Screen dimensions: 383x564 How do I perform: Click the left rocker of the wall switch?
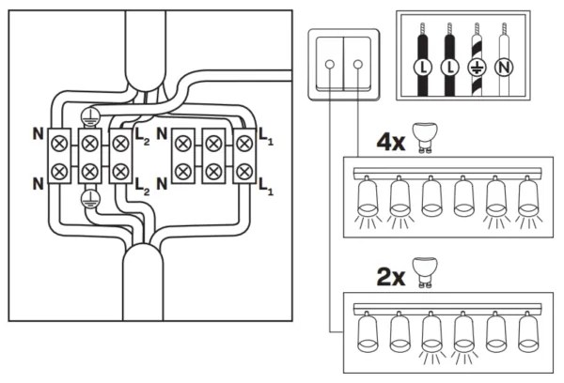click(x=331, y=63)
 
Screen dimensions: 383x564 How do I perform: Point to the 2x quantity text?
click(x=392, y=278)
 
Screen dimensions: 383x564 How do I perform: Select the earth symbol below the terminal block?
click(x=89, y=197)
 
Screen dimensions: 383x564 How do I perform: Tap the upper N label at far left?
click(x=37, y=133)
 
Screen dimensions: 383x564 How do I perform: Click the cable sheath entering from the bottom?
click(x=141, y=282)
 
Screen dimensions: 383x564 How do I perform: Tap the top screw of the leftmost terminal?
click(x=59, y=144)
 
